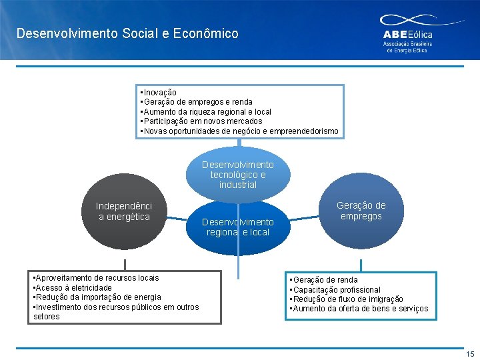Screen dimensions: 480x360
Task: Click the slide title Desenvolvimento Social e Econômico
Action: click(127, 33)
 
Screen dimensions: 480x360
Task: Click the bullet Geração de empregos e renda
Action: click(196, 102)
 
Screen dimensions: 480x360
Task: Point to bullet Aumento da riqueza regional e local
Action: click(207, 112)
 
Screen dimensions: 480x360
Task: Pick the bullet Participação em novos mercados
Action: click(202, 121)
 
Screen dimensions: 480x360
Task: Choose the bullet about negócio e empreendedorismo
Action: click(240, 131)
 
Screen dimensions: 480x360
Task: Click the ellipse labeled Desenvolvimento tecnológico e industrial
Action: click(238, 173)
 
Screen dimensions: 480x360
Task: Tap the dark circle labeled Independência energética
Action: click(124, 211)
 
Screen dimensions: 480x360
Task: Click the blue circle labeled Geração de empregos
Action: click(361, 211)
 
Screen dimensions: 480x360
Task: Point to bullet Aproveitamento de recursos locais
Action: click(97, 277)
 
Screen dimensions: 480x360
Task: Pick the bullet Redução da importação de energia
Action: click(98, 297)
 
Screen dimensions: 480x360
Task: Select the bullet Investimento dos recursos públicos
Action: click(117, 307)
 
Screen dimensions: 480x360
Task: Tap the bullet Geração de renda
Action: click(325, 280)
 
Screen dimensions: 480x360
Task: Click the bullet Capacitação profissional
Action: click(337, 290)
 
